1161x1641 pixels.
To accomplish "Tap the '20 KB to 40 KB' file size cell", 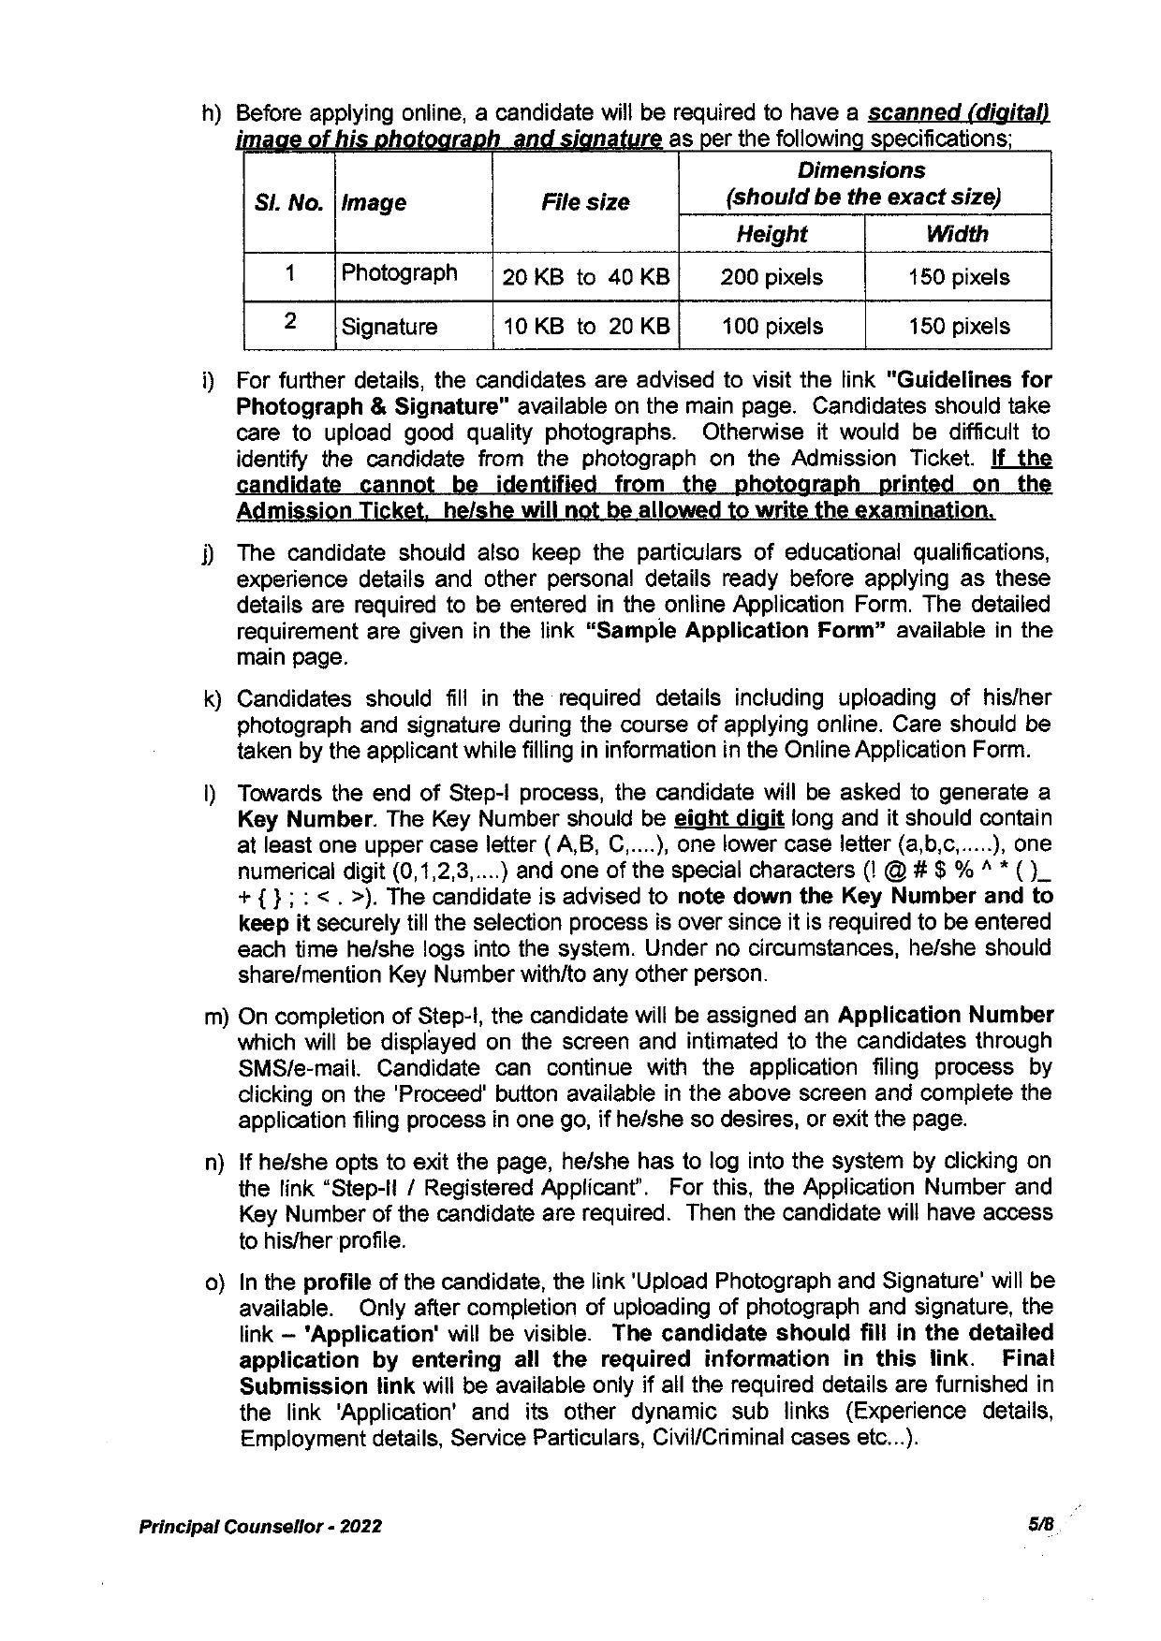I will click(x=586, y=277).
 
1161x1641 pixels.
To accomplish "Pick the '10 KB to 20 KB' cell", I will click(x=586, y=327).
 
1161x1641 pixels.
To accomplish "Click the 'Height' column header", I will click(x=772, y=234).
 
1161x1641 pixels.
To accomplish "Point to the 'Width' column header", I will click(x=958, y=234).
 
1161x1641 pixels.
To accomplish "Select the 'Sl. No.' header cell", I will click(x=288, y=203).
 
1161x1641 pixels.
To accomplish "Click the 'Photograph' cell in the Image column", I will click(x=399, y=273).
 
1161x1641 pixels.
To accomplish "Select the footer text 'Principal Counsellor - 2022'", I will click(x=260, y=1527).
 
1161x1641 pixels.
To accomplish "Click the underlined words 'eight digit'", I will click(x=728, y=819).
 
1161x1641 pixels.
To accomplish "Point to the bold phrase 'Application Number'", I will click(x=946, y=1016).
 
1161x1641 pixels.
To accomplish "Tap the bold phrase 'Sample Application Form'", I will click(x=735, y=630).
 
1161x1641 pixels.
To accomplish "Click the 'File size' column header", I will click(x=585, y=202).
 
